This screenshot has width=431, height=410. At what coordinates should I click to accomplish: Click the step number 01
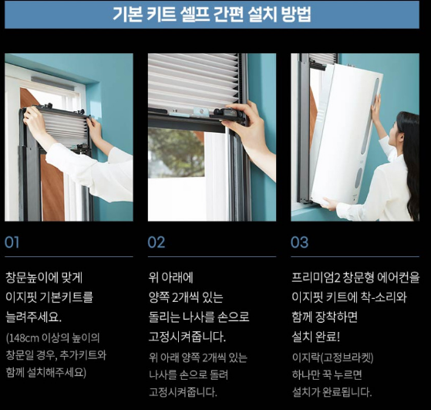[x=12, y=242]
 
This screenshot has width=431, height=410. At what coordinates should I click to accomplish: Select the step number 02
[x=156, y=242]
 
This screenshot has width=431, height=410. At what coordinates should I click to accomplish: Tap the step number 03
[x=299, y=242]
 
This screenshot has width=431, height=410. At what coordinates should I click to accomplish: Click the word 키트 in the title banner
[x=161, y=14]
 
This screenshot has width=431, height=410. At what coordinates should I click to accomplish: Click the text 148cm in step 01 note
[x=24, y=337]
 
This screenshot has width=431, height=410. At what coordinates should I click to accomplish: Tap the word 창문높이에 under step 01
[x=31, y=277]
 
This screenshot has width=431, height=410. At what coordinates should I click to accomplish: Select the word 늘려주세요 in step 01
[x=32, y=317]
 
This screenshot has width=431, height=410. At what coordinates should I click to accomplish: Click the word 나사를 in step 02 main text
[x=198, y=317]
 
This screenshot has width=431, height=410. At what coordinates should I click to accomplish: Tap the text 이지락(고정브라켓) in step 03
[x=332, y=357]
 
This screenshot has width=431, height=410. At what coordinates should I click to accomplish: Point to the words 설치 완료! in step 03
[x=316, y=337]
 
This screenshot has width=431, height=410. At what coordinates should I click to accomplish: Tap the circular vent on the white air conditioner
[x=358, y=178]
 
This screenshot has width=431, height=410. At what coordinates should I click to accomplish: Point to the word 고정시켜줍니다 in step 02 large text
[x=187, y=337]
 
